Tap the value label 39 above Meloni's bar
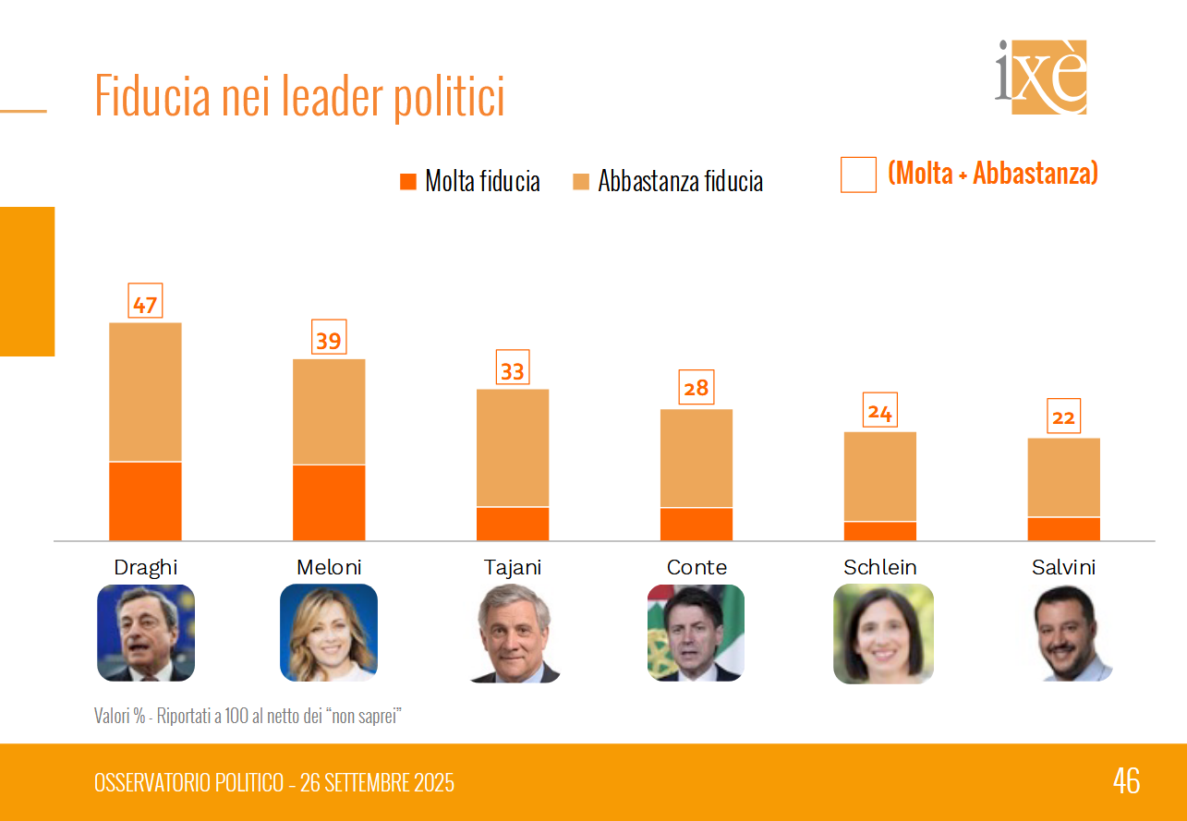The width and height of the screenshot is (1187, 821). click(329, 339)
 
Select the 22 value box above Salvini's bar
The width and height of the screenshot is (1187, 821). click(1063, 417)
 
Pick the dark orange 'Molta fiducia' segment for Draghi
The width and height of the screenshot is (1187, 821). click(145, 501)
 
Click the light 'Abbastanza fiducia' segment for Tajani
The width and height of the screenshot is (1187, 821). click(513, 448)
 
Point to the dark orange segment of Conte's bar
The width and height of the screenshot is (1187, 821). click(696, 524)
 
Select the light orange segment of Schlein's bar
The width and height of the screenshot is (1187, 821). click(880, 477)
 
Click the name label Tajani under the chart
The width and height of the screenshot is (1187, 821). click(513, 567)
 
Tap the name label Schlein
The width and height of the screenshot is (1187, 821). click(880, 567)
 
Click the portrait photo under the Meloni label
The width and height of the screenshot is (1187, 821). click(329, 633)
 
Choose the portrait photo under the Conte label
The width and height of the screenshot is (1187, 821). click(696, 633)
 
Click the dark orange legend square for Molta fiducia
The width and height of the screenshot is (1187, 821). click(408, 181)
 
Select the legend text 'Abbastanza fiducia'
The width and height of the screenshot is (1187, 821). click(680, 181)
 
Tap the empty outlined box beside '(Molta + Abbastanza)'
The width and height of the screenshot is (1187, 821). click(858, 175)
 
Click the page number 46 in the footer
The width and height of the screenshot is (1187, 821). click(1126, 781)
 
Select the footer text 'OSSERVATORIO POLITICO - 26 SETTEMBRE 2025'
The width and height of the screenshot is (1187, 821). click(274, 783)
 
